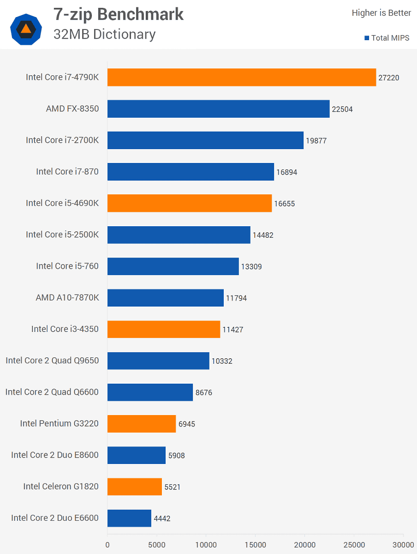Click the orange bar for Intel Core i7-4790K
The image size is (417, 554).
(x=241, y=77)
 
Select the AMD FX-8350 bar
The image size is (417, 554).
(x=218, y=109)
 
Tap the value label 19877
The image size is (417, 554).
(x=316, y=141)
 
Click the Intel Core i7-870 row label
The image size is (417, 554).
(x=67, y=172)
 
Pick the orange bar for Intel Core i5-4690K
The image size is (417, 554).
(x=189, y=203)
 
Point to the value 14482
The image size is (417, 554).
(x=263, y=235)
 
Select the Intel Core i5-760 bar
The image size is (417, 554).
(x=173, y=266)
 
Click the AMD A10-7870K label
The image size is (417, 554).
(x=67, y=298)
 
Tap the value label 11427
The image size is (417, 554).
(x=232, y=330)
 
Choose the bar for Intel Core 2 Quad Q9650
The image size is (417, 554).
(x=158, y=361)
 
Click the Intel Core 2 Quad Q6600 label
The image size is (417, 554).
(x=52, y=392)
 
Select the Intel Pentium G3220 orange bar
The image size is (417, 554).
(x=142, y=424)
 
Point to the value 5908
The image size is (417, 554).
(x=177, y=456)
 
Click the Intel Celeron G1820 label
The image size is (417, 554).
(x=61, y=486)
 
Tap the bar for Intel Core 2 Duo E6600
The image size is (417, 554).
(x=129, y=518)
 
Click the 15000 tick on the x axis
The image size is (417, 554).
(x=256, y=545)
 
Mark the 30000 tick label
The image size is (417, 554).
(x=404, y=545)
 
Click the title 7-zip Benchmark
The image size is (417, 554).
(x=119, y=14)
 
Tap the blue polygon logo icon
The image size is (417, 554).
(x=26, y=29)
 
